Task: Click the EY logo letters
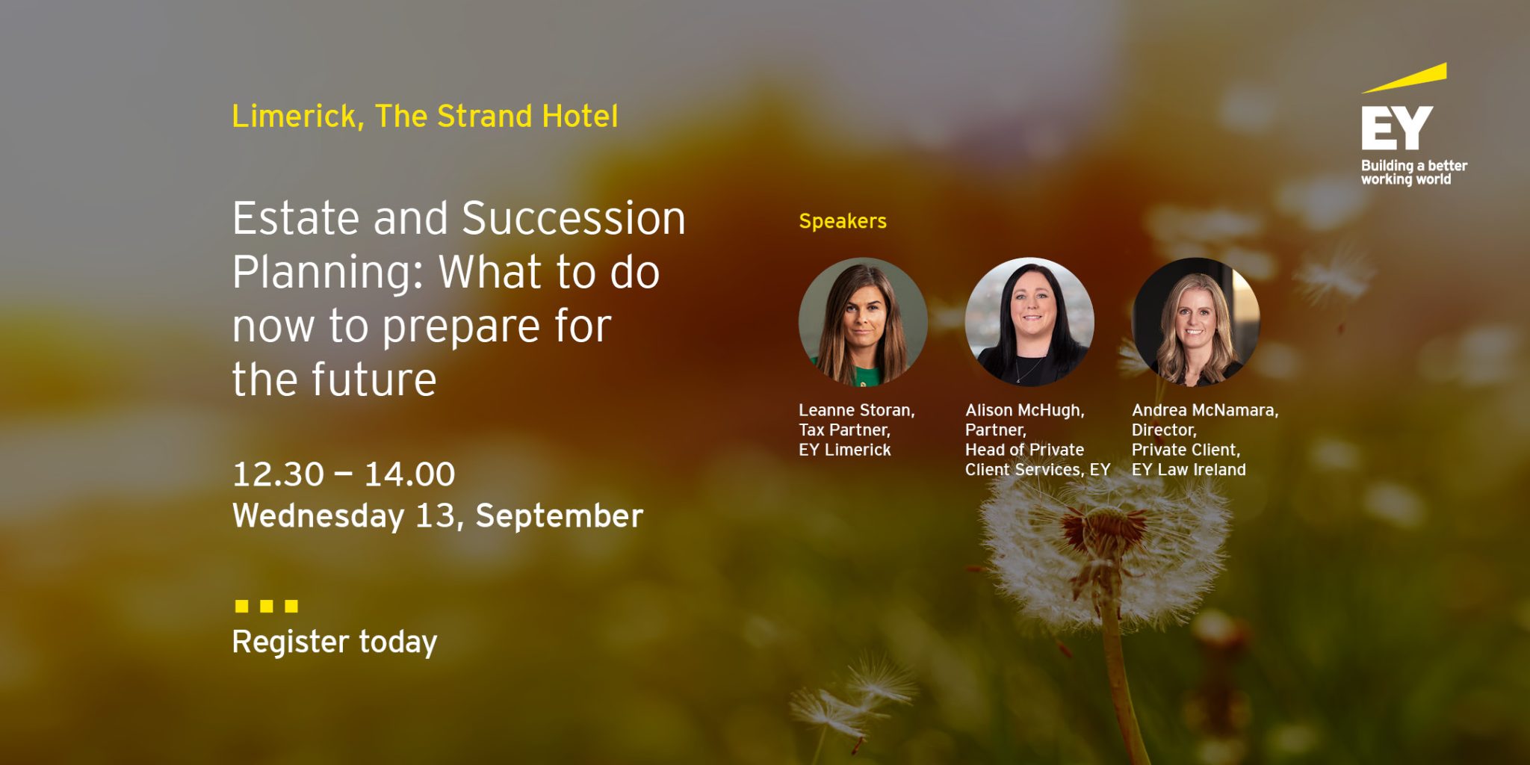click(x=1396, y=128)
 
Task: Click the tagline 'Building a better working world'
click(x=1413, y=173)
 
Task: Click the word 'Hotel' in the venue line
click(x=580, y=117)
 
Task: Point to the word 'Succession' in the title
click(x=573, y=219)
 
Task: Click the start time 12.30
click(x=278, y=474)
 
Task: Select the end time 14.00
click(x=409, y=474)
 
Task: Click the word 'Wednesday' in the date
click(x=318, y=516)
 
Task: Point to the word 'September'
click(x=559, y=516)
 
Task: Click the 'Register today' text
click(x=334, y=642)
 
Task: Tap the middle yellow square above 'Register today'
click(x=266, y=606)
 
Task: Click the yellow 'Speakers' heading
click(x=842, y=221)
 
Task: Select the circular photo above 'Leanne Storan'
click(x=863, y=322)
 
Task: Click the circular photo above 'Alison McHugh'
click(x=1029, y=322)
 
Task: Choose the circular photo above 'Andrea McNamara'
click(x=1196, y=322)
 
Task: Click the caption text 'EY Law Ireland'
click(x=1188, y=470)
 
